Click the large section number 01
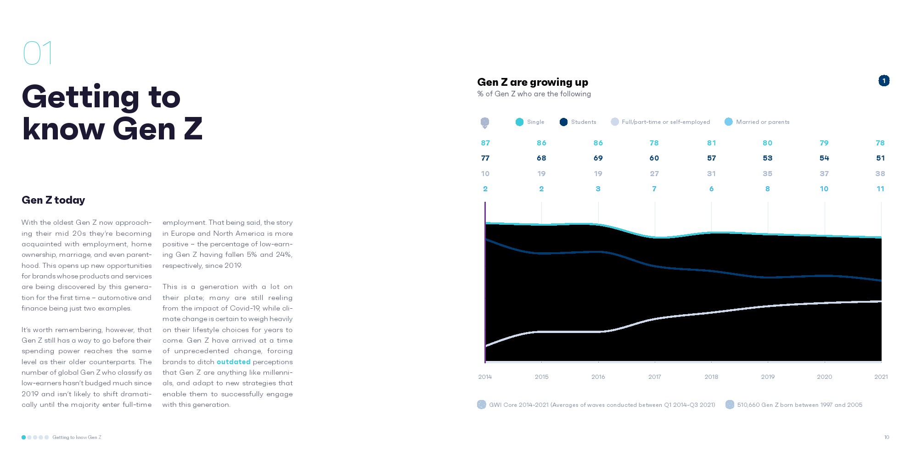click(x=38, y=53)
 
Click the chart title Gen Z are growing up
click(x=532, y=82)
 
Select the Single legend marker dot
click(x=519, y=122)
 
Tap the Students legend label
click(x=583, y=122)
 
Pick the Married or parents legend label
click(x=762, y=122)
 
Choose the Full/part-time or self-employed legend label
click(x=665, y=122)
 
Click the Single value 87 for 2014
click(x=485, y=143)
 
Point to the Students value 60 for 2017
click(x=654, y=158)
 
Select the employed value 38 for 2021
click(x=880, y=174)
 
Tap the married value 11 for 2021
click(x=880, y=189)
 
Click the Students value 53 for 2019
click(x=767, y=158)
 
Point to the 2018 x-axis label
click(x=711, y=377)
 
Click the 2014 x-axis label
click(x=485, y=377)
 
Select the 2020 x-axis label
click(x=824, y=377)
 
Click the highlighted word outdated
click(x=233, y=362)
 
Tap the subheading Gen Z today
click(x=53, y=200)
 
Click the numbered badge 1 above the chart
click(x=883, y=81)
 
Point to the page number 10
click(x=886, y=438)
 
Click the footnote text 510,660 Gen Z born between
click(x=799, y=405)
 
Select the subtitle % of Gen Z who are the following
click(x=534, y=94)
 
